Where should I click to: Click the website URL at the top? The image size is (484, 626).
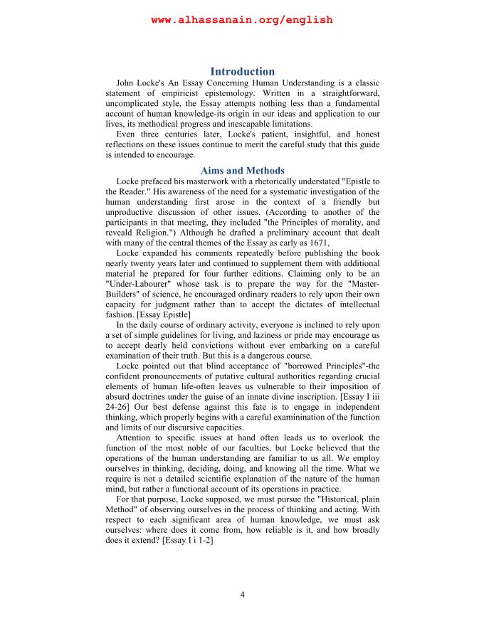[242, 20]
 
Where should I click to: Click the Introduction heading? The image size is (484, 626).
[242, 72]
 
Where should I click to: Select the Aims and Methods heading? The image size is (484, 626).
[242, 171]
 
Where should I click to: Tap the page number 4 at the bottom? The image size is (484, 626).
[243, 595]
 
